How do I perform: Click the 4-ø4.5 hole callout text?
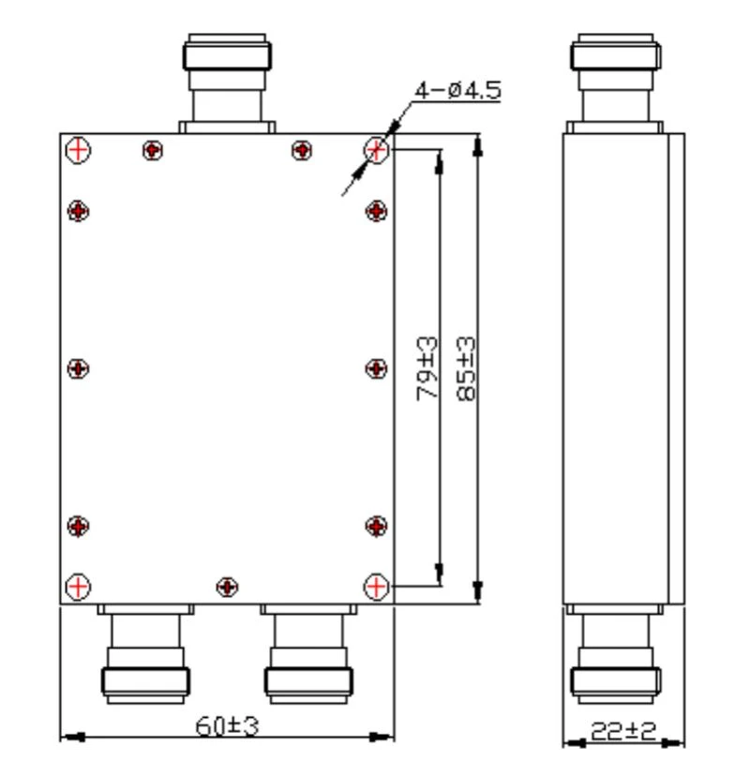[x=457, y=91]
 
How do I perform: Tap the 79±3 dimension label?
[x=427, y=368]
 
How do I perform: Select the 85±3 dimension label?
[x=466, y=368]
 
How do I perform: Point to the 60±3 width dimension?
[x=227, y=726]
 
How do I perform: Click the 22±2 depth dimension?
[x=623, y=731]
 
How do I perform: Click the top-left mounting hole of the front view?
[x=78, y=149]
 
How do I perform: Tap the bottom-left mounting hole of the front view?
[x=78, y=587]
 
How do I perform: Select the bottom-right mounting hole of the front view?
[x=376, y=587]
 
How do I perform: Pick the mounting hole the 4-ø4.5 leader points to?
[x=376, y=149]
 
